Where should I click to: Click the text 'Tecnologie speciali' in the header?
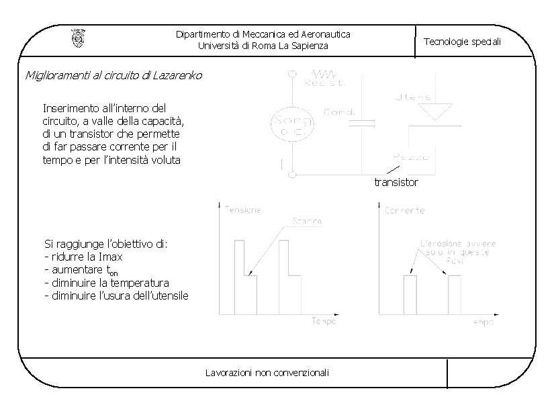[462, 42]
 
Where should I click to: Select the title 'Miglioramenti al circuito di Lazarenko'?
[113, 75]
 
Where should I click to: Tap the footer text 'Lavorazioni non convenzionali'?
[267, 373]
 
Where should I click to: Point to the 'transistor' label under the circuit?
[396, 182]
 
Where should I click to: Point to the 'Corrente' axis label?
[405, 210]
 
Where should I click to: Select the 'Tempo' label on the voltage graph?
[323, 321]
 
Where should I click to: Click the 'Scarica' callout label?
[306, 221]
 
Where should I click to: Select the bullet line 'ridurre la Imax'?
[86, 257]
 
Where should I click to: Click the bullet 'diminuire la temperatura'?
[105, 283]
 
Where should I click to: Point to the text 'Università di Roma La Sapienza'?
[263, 46]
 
